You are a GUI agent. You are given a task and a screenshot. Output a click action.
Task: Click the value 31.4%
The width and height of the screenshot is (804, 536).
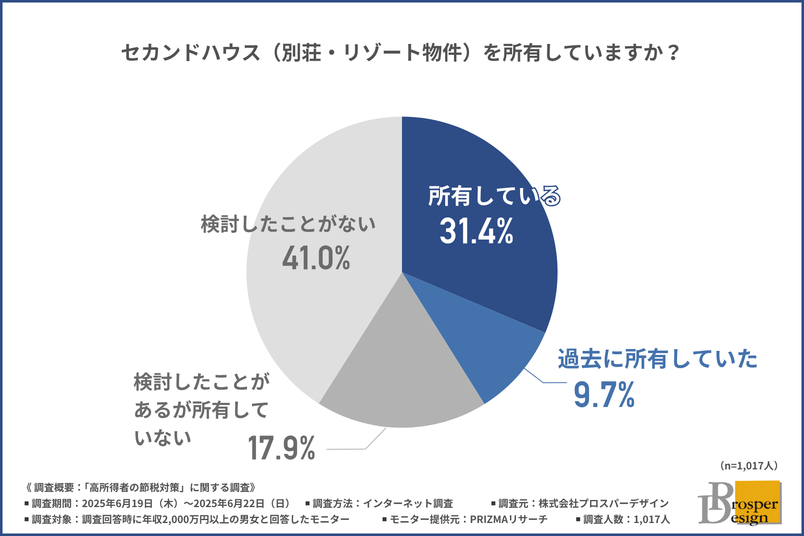pyautogui.click(x=477, y=231)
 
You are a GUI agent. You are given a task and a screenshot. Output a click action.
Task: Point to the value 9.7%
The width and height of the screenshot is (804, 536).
pyautogui.click(x=604, y=394)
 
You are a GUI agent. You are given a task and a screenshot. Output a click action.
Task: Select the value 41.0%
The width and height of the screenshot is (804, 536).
pyautogui.click(x=316, y=258)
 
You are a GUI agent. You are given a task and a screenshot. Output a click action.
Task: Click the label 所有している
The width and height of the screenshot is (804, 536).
pyautogui.click(x=494, y=196)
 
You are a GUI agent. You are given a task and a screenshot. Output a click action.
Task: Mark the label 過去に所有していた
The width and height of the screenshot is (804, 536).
pyautogui.click(x=657, y=359)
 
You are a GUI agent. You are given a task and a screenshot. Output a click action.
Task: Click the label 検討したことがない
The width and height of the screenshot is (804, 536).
pyautogui.click(x=288, y=224)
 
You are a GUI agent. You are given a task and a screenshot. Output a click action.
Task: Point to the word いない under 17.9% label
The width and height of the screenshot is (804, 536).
pyautogui.click(x=162, y=438)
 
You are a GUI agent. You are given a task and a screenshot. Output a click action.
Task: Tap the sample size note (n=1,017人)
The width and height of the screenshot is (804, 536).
pyautogui.click(x=749, y=466)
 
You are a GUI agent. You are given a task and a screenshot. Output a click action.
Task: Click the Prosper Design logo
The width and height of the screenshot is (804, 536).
pyautogui.click(x=740, y=503)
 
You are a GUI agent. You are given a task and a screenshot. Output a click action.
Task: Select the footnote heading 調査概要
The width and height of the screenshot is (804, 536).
pyautogui.click(x=141, y=487)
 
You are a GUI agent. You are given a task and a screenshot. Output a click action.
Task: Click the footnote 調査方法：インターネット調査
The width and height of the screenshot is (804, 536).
pyautogui.click(x=379, y=503)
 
